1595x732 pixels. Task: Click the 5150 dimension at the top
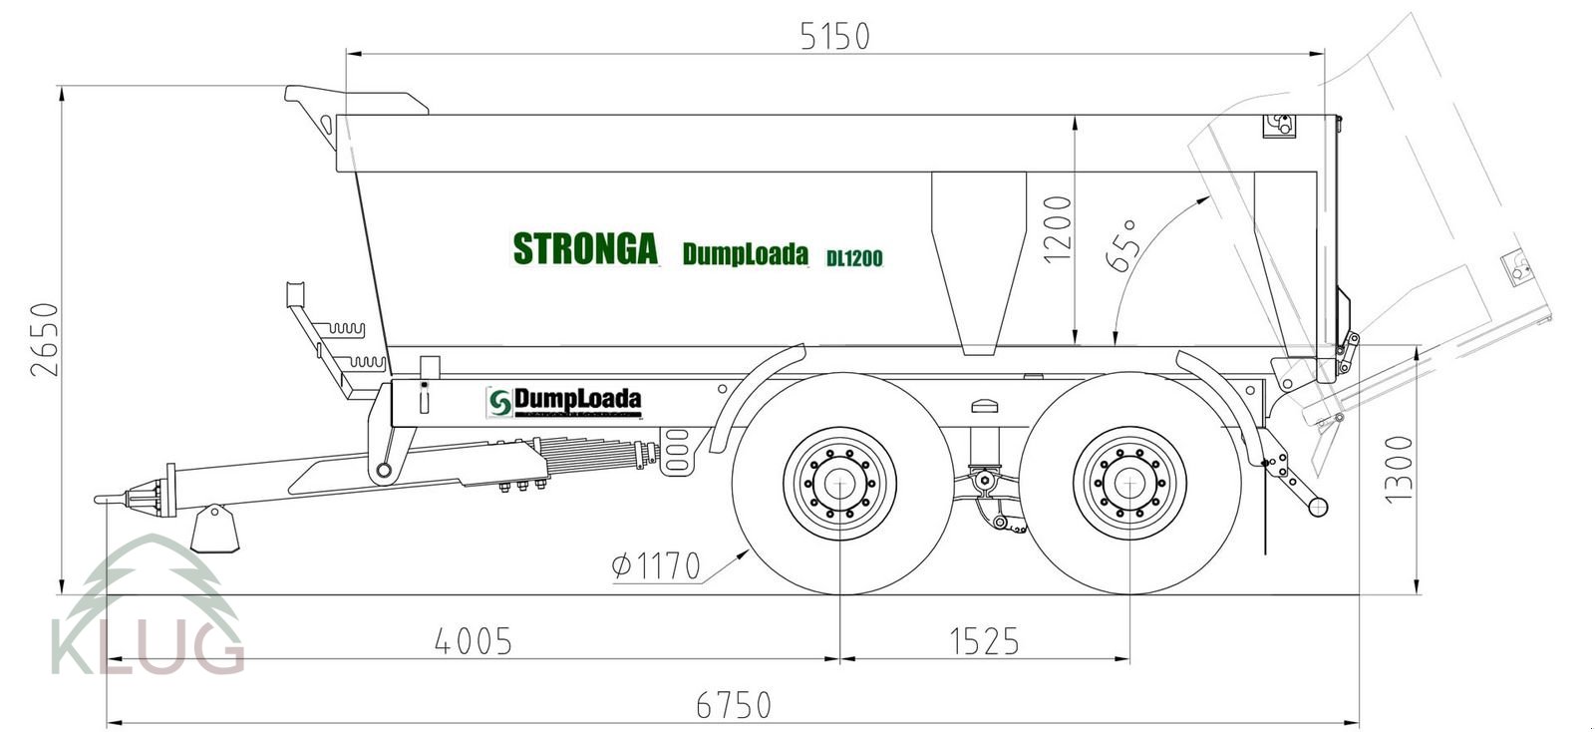pos(834,36)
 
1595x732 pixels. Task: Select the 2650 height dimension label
pos(46,339)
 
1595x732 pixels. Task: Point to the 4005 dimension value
pos(474,641)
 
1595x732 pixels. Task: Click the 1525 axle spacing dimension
pos(984,641)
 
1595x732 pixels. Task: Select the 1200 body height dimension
pos(1058,228)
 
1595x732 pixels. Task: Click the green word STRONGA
pos(585,248)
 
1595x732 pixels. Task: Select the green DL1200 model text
pos(854,258)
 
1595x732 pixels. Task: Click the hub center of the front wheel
pos(840,484)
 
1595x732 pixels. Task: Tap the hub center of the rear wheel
pos(1129,484)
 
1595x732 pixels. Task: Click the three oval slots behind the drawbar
pos(676,451)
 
